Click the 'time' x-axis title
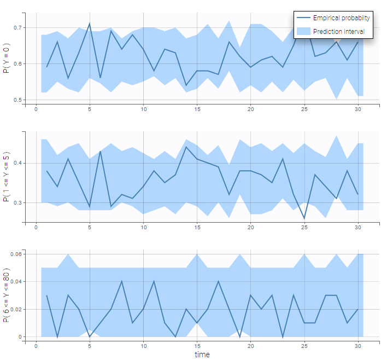pos(202,354)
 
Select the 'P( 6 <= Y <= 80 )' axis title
pos(7,296)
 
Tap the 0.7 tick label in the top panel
pos(18,27)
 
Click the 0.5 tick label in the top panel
pos(18,100)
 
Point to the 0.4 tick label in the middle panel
pos(18,163)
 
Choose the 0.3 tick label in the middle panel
pos(18,202)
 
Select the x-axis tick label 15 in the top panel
pos(197,109)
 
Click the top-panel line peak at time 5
pos(90,24)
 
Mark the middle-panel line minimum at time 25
pos(304,218)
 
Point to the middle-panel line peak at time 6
pos(101,151)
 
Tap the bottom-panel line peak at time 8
pos(122,282)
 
